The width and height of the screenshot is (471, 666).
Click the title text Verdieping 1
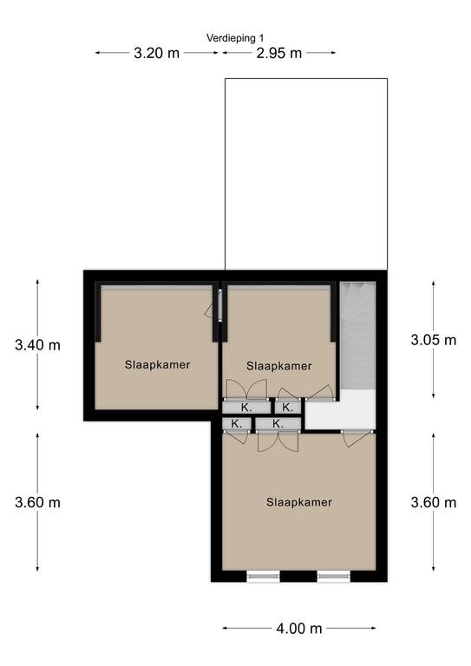point(235,38)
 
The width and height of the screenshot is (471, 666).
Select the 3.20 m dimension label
point(156,53)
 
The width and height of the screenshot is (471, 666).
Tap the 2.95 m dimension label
point(279,53)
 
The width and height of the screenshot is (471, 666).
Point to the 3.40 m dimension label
point(37,345)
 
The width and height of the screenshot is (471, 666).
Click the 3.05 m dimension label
point(433,340)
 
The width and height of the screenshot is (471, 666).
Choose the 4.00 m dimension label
point(299,628)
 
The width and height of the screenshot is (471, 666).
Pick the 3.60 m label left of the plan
point(37,502)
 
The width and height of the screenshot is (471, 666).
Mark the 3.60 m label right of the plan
point(433,502)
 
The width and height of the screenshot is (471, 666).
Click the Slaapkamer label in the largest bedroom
point(299,502)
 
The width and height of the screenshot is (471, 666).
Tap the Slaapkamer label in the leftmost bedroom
point(157,364)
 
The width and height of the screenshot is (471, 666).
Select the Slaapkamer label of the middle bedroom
point(279,366)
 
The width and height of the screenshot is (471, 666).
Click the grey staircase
point(357,336)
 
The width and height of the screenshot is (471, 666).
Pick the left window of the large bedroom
point(264,576)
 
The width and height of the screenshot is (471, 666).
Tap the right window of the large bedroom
point(334,576)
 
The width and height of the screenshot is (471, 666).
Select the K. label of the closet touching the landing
point(287,408)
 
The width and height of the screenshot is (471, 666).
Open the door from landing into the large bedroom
point(356,437)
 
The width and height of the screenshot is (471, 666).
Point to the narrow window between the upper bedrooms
point(220,305)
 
